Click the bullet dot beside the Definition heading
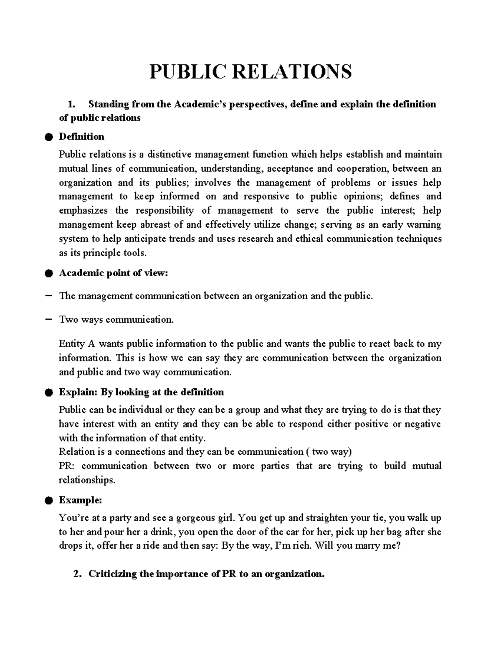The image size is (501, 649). [x=49, y=137]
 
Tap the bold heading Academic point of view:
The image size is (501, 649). [x=114, y=273]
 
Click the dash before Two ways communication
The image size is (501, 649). [x=48, y=319]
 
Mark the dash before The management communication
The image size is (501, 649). [x=48, y=296]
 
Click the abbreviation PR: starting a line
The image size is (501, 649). [x=68, y=466]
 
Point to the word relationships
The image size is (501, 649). [x=86, y=480]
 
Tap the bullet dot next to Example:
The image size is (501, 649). [x=49, y=501]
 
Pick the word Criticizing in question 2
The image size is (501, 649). [x=112, y=574]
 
